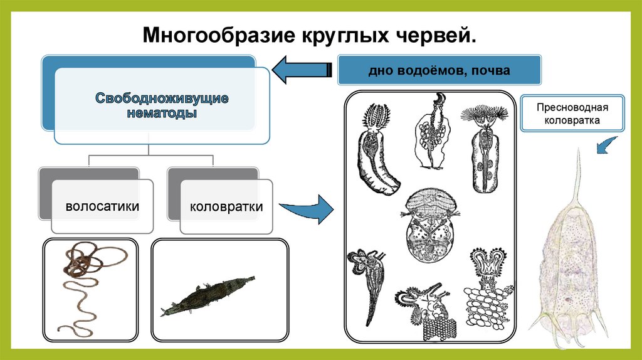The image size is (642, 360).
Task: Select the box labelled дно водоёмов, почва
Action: [x=439, y=70]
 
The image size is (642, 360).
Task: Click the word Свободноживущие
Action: [x=162, y=98]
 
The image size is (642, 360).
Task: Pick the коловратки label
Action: [x=226, y=206]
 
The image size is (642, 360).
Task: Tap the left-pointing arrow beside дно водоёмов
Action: [x=304, y=70]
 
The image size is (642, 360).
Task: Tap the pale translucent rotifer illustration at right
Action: [x=567, y=257]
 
